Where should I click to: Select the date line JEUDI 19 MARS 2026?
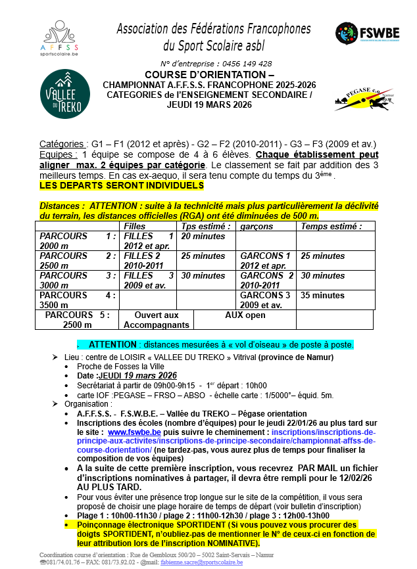(x=209, y=104)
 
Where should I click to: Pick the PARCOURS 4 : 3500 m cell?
(x=78, y=300)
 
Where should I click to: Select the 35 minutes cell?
(x=322, y=296)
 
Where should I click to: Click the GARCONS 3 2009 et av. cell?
(x=265, y=300)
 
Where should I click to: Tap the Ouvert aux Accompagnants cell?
(x=157, y=320)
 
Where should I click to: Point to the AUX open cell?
(x=245, y=315)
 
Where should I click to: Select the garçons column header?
(x=257, y=226)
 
